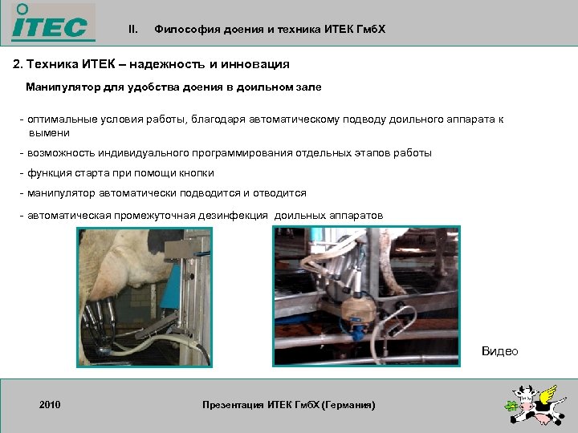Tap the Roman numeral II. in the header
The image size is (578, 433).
pos(133,30)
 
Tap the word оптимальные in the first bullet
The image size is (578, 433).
pos(61,119)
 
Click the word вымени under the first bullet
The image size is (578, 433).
pos(49,132)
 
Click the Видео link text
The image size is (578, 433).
pos(499,351)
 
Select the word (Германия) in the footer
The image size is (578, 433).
pos(348,405)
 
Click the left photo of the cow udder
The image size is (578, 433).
pos(145,297)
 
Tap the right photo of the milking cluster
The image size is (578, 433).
pos(367,297)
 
